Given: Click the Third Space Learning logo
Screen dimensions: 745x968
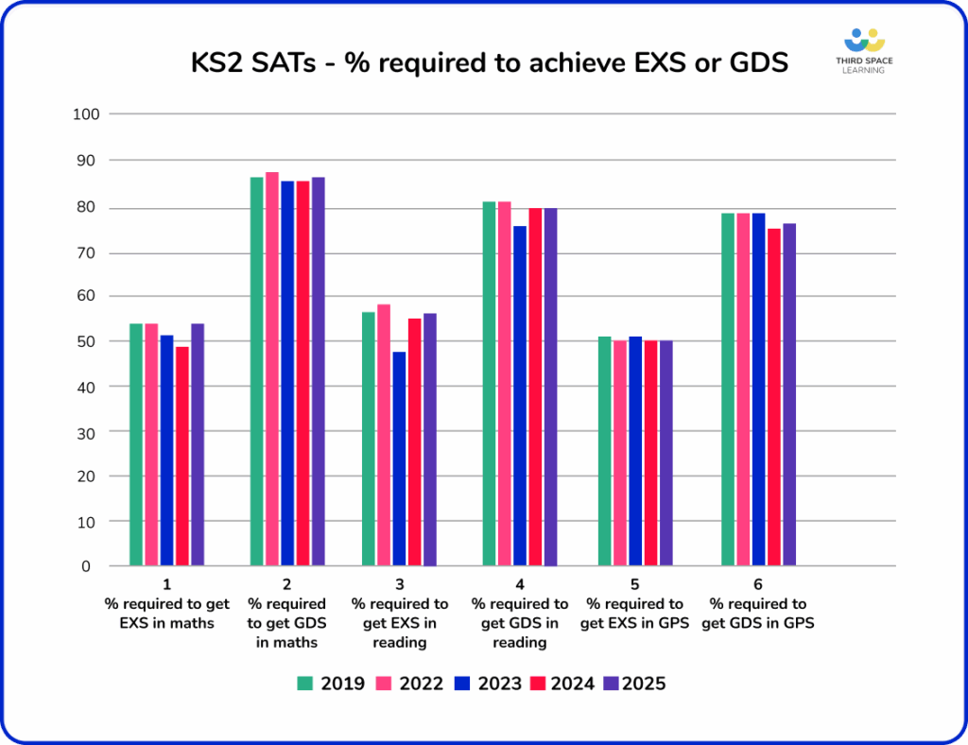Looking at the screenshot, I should tap(864, 51).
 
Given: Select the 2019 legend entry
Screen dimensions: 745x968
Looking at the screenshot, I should tap(331, 684).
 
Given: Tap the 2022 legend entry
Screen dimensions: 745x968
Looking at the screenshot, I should tap(409, 684).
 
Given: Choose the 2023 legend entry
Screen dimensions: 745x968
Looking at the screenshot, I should tap(487, 684).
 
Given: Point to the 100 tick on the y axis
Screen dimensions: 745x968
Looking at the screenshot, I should tap(87, 114).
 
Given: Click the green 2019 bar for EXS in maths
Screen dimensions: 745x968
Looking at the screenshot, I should tap(136, 444).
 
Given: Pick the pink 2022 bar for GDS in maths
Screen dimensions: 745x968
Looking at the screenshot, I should tap(272, 369).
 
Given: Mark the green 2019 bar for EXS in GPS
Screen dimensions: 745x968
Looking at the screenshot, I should tap(605, 451).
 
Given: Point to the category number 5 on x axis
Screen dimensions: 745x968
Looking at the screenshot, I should tap(633, 585).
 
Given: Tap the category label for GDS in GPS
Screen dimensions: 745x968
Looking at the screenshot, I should tap(758, 614).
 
